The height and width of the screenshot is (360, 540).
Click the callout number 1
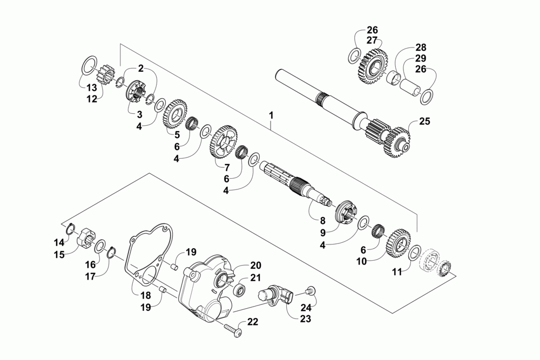pos(271,115)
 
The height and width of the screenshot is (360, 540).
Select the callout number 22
pos(253,322)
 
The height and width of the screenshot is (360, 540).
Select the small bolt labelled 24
pos(310,290)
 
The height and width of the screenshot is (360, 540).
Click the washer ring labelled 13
pos(90,67)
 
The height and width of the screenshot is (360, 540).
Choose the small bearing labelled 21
pos(239,290)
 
